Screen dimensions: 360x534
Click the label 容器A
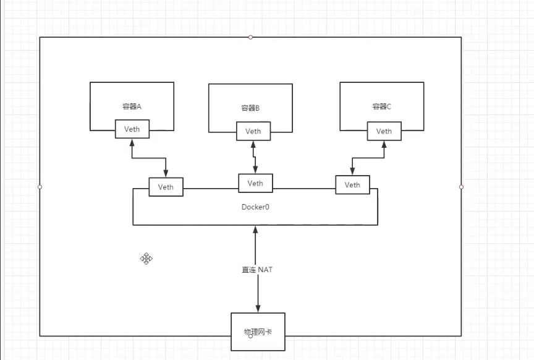[x=132, y=106]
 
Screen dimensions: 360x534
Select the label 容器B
[x=250, y=108]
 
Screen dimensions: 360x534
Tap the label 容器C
[x=381, y=106]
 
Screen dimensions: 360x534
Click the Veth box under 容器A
[x=132, y=130]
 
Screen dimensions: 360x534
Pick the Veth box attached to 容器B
[x=253, y=131]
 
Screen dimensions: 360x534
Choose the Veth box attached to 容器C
[x=384, y=131]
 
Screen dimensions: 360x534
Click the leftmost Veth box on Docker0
[x=166, y=187]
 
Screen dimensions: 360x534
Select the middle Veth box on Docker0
[x=255, y=183]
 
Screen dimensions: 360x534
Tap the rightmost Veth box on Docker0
[x=352, y=185]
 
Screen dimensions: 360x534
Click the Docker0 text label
[x=255, y=207]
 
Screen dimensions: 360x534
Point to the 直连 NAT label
[x=257, y=270]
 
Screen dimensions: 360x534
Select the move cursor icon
[x=146, y=259]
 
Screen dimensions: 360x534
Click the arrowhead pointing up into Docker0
[x=255, y=230]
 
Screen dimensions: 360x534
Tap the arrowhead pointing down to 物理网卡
[x=258, y=308]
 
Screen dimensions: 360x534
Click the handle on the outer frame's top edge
[x=250, y=37]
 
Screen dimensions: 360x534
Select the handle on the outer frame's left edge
[x=40, y=186]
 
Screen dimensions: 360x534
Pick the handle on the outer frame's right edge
[x=461, y=186]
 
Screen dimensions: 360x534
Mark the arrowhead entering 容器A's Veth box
[x=132, y=144]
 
